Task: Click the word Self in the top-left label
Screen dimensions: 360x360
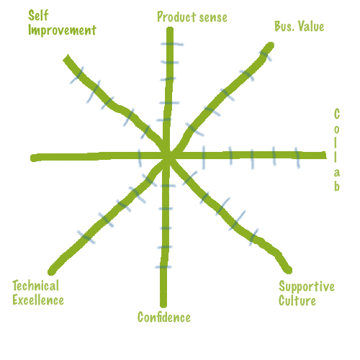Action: click(38, 16)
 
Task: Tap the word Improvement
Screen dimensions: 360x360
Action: click(62, 30)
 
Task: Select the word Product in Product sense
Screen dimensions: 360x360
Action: click(176, 17)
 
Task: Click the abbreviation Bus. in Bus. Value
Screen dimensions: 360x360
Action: click(284, 26)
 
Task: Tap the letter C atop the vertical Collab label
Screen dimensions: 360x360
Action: click(337, 114)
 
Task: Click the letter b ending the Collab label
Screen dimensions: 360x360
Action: click(337, 186)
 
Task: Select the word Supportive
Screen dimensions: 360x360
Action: click(307, 287)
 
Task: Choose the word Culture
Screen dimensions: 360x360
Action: click(297, 300)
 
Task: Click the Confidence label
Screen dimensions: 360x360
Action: click(164, 318)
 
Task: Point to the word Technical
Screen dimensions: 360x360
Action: click(35, 286)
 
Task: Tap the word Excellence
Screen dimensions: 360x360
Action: click(38, 300)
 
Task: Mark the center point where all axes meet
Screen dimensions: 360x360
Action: click(168, 157)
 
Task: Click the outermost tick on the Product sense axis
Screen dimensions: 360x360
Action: click(172, 44)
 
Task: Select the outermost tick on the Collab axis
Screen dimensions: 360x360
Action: click(297, 158)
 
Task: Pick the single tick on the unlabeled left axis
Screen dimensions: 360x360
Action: click(140, 158)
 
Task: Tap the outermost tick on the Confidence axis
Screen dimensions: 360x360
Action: click(163, 267)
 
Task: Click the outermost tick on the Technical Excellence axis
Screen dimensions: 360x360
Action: click(86, 238)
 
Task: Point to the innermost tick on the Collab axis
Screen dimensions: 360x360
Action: click(204, 157)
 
